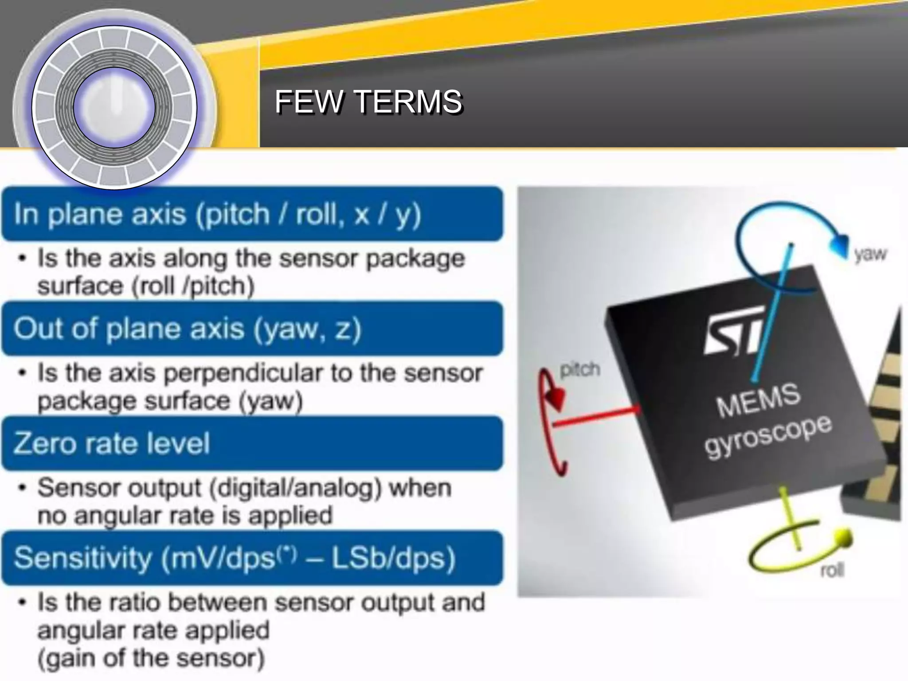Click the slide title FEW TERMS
pos(368,102)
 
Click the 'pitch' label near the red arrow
pos(580,369)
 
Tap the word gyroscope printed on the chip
pos(769,437)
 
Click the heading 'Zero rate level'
pos(112,443)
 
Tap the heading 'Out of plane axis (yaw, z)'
pos(187,329)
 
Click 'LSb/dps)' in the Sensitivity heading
pos(394,558)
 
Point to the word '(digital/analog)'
pos(295,488)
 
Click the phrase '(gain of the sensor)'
pos(151,658)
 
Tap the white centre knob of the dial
pos(114,108)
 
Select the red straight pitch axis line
pos(596,418)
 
